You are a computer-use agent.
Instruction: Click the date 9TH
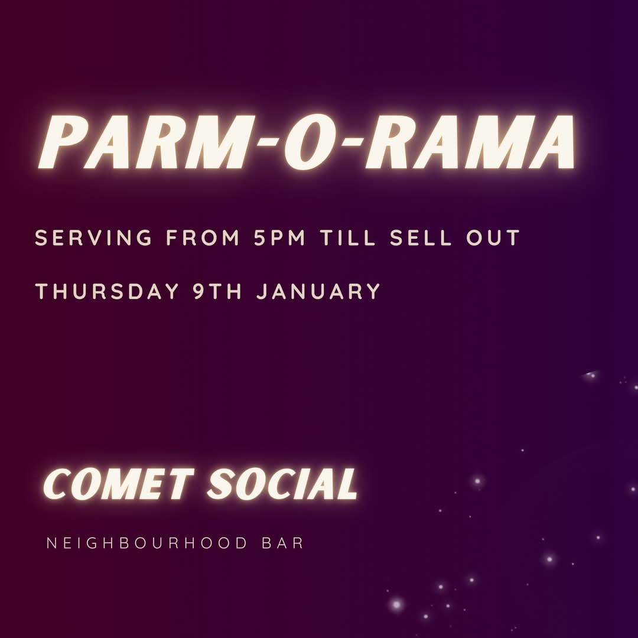218,292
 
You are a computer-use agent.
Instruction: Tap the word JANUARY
318,292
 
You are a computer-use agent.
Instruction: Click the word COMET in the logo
118,485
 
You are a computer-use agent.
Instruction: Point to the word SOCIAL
282,485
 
